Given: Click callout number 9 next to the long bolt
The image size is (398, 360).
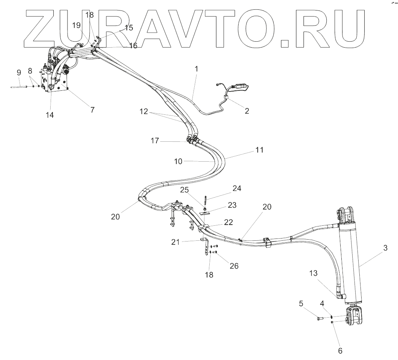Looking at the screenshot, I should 19,72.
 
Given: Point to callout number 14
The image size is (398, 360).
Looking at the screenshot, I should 50,115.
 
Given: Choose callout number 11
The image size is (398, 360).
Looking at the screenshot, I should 259,150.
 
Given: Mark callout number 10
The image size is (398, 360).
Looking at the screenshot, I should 178,161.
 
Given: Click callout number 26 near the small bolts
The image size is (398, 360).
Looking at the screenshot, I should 234,266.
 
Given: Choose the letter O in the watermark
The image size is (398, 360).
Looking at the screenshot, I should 257,28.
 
